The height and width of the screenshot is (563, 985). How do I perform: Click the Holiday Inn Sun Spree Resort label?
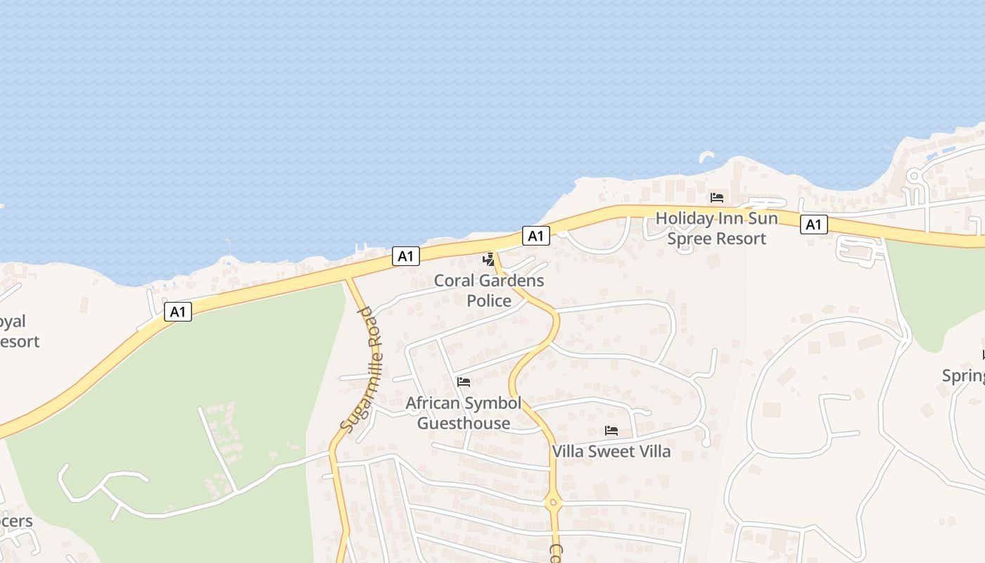point(716,229)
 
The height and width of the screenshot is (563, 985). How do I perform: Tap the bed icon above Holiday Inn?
point(716,198)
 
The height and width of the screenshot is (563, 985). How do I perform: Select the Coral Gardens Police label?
point(489,290)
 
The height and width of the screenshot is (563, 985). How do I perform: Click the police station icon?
point(488,260)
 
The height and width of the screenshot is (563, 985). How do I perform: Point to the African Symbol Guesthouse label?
point(464,413)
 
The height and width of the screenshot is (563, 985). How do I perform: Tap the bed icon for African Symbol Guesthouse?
point(464,382)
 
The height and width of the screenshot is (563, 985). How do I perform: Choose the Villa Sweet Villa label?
point(611,451)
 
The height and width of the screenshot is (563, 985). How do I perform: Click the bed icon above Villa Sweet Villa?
point(611,430)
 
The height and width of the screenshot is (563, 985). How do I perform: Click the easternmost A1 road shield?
point(813,224)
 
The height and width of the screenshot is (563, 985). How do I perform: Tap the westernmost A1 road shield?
point(178,311)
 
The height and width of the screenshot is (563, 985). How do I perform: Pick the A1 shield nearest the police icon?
point(536,236)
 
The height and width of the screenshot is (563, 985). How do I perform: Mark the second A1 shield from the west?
point(405,256)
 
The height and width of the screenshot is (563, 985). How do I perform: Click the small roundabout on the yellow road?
point(553,502)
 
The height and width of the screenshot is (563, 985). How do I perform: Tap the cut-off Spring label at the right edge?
point(963,376)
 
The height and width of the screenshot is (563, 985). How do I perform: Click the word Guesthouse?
point(464,423)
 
